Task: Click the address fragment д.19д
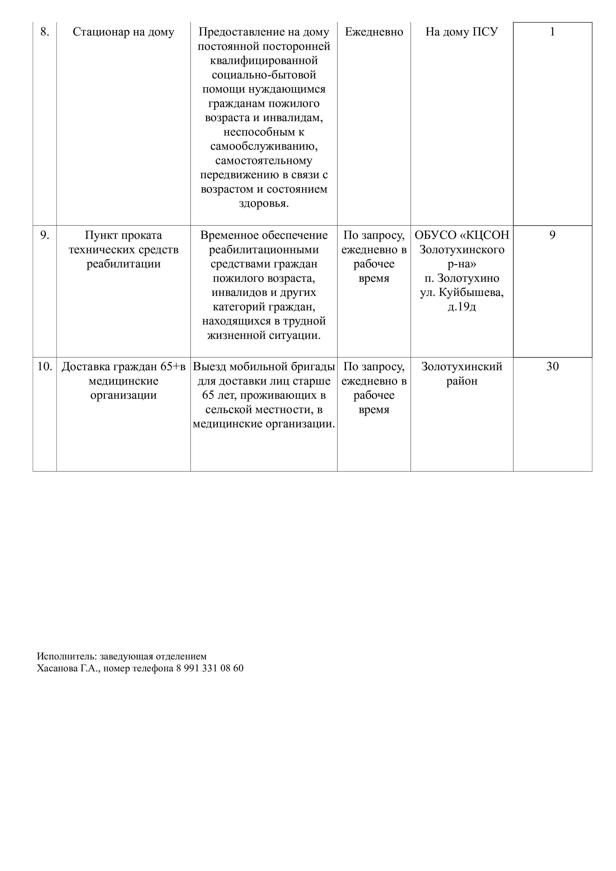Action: pyautogui.click(x=462, y=307)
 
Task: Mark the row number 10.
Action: pyautogui.click(x=44, y=366)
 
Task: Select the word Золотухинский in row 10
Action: pyautogui.click(x=462, y=366)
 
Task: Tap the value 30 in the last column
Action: pyautogui.click(x=552, y=366)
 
